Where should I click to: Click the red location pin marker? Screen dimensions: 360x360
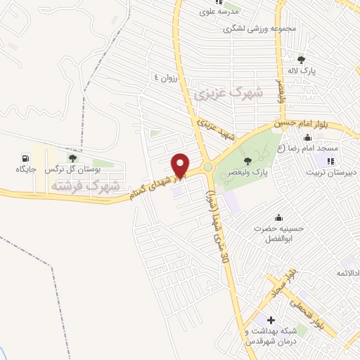pyautogui.click(x=181, y=165)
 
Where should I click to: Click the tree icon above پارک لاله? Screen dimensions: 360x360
pyautogui.click(x=302, y=60)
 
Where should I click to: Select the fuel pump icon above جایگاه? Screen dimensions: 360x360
pyautogui.click(x=26, y=157)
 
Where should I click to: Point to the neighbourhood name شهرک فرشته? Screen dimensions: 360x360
pyautogui.click(x=85, y=186)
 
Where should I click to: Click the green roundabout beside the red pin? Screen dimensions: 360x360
pyautogui.click(x=209, y=167)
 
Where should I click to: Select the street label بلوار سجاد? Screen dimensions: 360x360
pyautogui.click(x=281, y=281)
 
